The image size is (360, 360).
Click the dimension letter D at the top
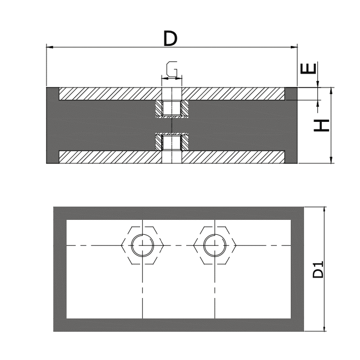(x=170, y=39)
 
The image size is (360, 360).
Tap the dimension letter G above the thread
(x=172, y=69)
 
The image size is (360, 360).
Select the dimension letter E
(x=308, y=69)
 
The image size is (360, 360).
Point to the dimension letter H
(x=321, y=125)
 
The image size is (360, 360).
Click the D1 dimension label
(x=318, y=269)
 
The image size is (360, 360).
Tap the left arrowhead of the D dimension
(x=50, y=47)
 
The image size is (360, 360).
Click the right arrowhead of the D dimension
(x=294, y=47)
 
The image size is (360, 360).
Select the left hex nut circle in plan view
(x=142, y=245)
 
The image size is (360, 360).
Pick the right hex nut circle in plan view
(x=215, y=245)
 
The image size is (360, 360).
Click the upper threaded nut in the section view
(x=172, y=109)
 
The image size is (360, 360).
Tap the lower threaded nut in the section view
(x=172, y=142)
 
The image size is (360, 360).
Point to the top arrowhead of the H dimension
(x=331, y=91)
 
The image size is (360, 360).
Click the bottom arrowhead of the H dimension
(x=331, y=160)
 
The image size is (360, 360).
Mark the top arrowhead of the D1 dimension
(x=325, y=210)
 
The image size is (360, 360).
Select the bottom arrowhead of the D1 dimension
(x=325, y=328)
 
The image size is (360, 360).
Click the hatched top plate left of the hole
(x=110, y=94)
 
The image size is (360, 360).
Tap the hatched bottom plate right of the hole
(x=233, y=157)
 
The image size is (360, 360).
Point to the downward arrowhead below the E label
(x=318, y=84)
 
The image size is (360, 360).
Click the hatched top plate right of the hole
(x=233, y=94)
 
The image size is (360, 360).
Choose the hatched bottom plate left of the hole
(x=110, y=157)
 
